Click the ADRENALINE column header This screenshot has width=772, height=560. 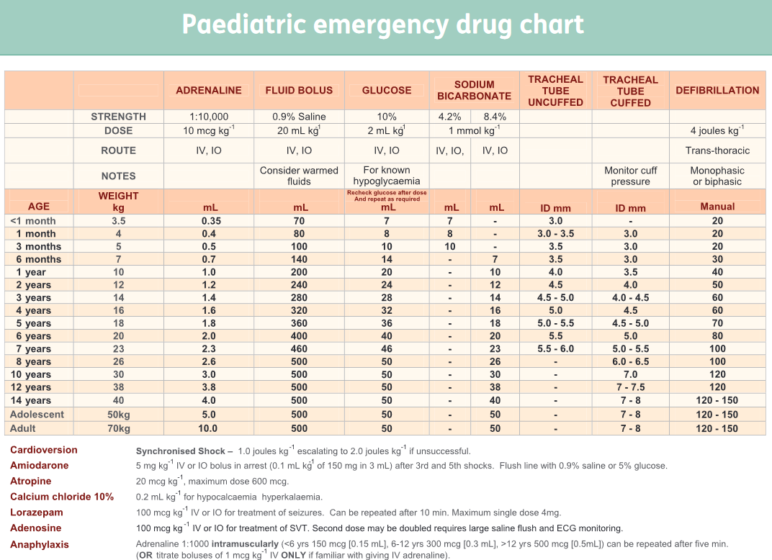coord(209,91)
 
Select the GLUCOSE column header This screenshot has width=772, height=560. coord(387,91)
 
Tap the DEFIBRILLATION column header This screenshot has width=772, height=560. coord(717,91)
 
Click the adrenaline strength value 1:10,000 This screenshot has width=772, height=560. coord(209,117)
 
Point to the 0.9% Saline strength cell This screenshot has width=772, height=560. coord(299,117)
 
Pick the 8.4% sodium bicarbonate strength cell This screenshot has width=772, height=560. coord(495,117)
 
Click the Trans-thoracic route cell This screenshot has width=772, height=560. coord(717,150)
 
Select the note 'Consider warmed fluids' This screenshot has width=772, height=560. coord(299,176)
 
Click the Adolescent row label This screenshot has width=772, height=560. coord(37,415)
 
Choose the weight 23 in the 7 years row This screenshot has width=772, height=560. coord(118,349)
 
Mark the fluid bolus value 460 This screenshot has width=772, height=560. coord(299,349)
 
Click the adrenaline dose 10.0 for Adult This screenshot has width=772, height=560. coord(209,428)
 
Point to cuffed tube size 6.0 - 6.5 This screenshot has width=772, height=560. coord(630,362)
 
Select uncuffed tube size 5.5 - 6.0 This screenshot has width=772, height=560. coord(555,349)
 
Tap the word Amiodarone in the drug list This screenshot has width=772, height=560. coord(40,465)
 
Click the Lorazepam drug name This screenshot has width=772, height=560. coord(37,512)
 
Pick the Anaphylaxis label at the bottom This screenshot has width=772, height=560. coord(40,544)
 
